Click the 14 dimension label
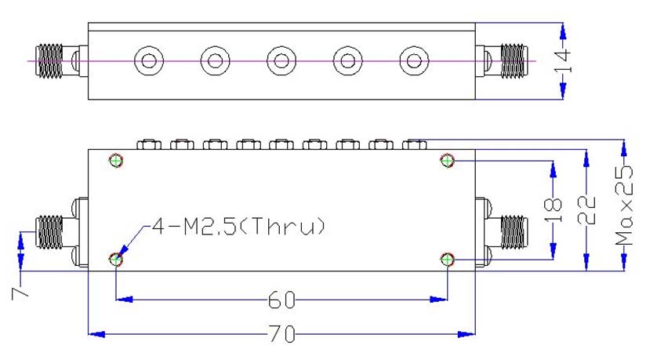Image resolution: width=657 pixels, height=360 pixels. (563, 61)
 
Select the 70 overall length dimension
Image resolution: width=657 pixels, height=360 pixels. (281, 334)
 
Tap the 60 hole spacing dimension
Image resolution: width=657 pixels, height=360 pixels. (281, 300)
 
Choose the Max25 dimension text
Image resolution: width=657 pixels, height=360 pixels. (624, 205)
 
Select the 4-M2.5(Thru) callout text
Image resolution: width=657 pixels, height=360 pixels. (238, 227)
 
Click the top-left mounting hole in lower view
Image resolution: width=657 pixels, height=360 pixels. (116, 160)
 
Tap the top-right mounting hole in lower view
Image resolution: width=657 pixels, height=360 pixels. (447, 160)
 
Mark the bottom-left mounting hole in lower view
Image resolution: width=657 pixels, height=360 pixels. (116, 260)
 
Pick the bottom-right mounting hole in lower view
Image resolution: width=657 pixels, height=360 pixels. (447, 260)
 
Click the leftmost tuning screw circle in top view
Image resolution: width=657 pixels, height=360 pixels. (149, 61)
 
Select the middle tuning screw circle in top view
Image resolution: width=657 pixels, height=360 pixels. (281, 61)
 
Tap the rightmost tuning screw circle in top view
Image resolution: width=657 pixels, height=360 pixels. (414, 61)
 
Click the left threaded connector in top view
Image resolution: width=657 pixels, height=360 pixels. (49, 61)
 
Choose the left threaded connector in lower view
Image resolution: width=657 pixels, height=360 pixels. (49, 232)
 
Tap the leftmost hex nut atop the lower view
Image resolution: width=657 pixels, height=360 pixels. (149, 144)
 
